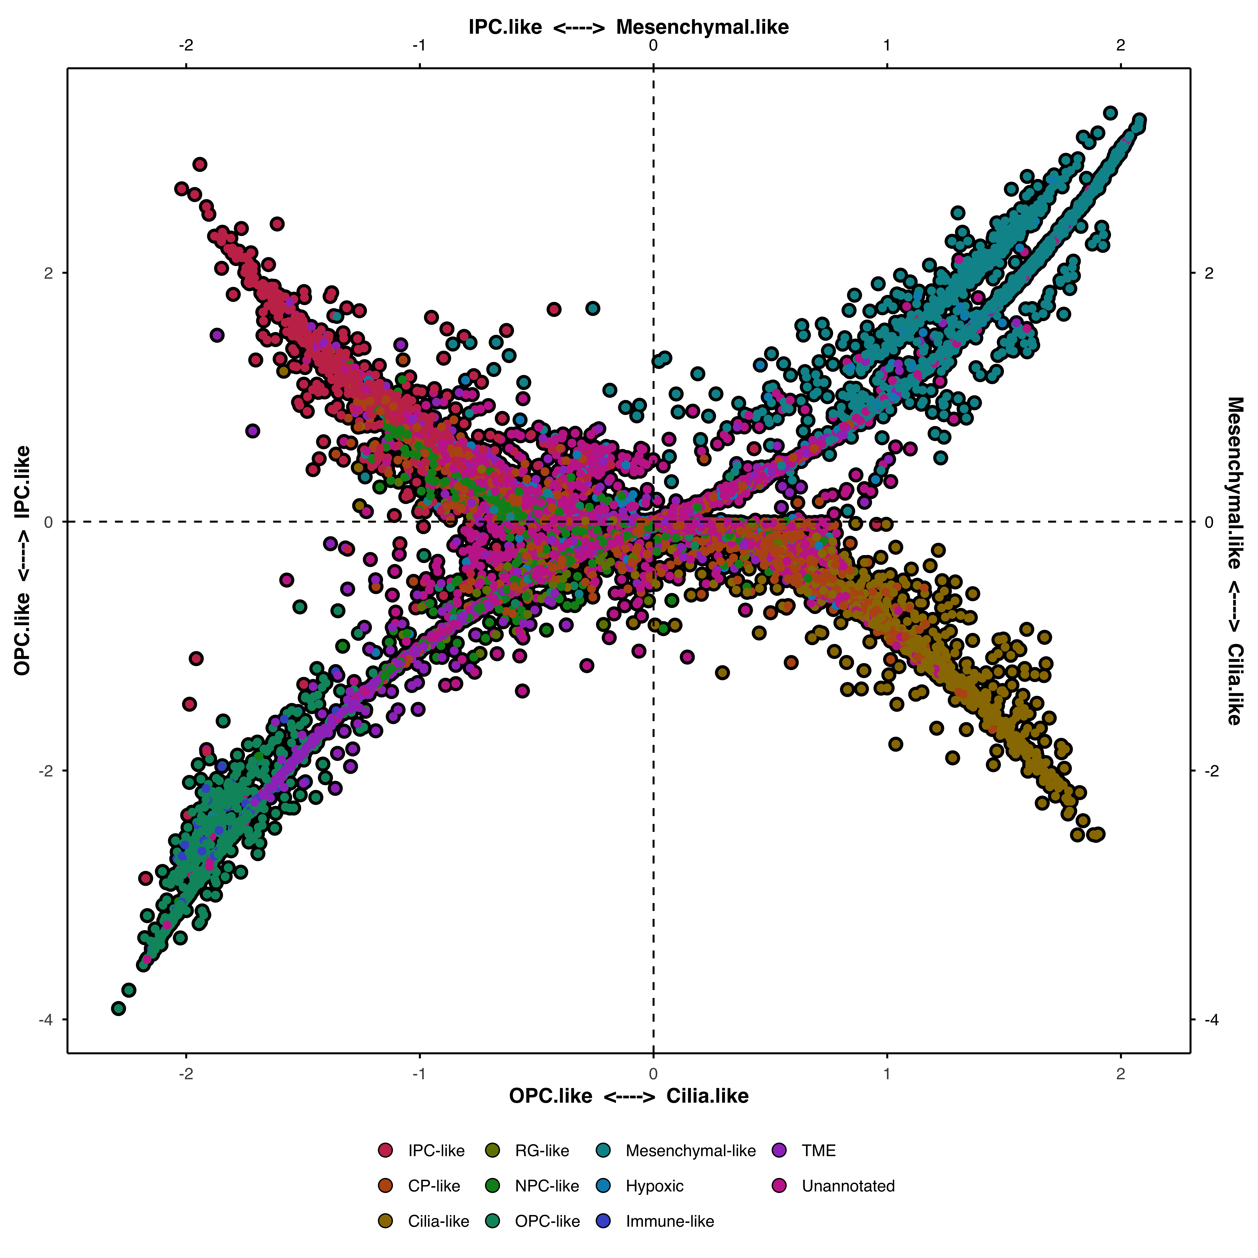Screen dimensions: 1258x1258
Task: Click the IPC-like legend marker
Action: (385, 1151)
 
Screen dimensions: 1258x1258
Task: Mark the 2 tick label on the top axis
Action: (1120, 46)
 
